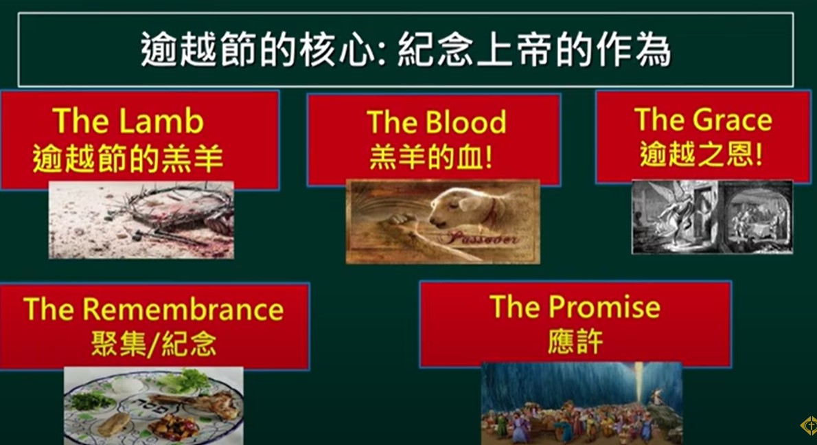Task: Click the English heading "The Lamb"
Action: coord(128,121)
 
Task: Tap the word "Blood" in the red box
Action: coord(465,122)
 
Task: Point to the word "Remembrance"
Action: coord(183,309)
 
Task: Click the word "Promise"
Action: coord(604,306)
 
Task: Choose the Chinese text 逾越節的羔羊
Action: coord(128,159)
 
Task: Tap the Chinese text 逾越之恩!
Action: coord(701,154)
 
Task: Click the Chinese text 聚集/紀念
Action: coord(154,343)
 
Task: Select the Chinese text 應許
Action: coord(575,343)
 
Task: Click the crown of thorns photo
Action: coord(141,220)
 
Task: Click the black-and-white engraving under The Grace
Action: coord(712,217)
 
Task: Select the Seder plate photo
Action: coord(154,406)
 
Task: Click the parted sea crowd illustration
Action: coord(582,404)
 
